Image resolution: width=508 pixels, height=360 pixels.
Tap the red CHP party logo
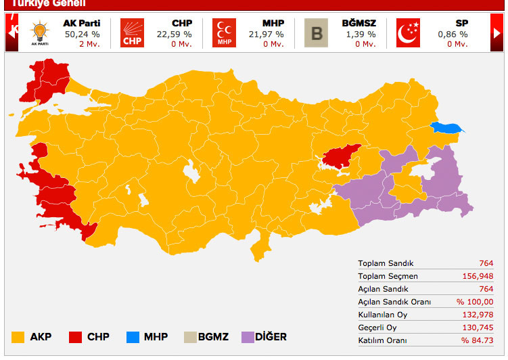pos(133,32)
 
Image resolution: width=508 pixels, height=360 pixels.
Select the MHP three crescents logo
pos(224,32)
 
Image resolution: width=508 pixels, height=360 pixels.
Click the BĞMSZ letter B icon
pos(315,32)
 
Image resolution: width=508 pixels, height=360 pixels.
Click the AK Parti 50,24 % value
pos(82,34)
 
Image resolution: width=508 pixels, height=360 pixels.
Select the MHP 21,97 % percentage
pos(268,34)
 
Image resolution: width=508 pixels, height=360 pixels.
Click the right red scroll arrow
pos(497,32)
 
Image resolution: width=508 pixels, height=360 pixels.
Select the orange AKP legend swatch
pos(19,337)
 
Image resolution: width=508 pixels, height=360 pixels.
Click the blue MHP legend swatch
pos(133,337)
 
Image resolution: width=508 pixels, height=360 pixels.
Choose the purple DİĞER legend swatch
pos(248,337)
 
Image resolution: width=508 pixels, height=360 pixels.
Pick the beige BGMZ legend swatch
pos(191,337)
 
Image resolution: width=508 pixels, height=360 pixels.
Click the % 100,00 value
pos(475,302)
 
